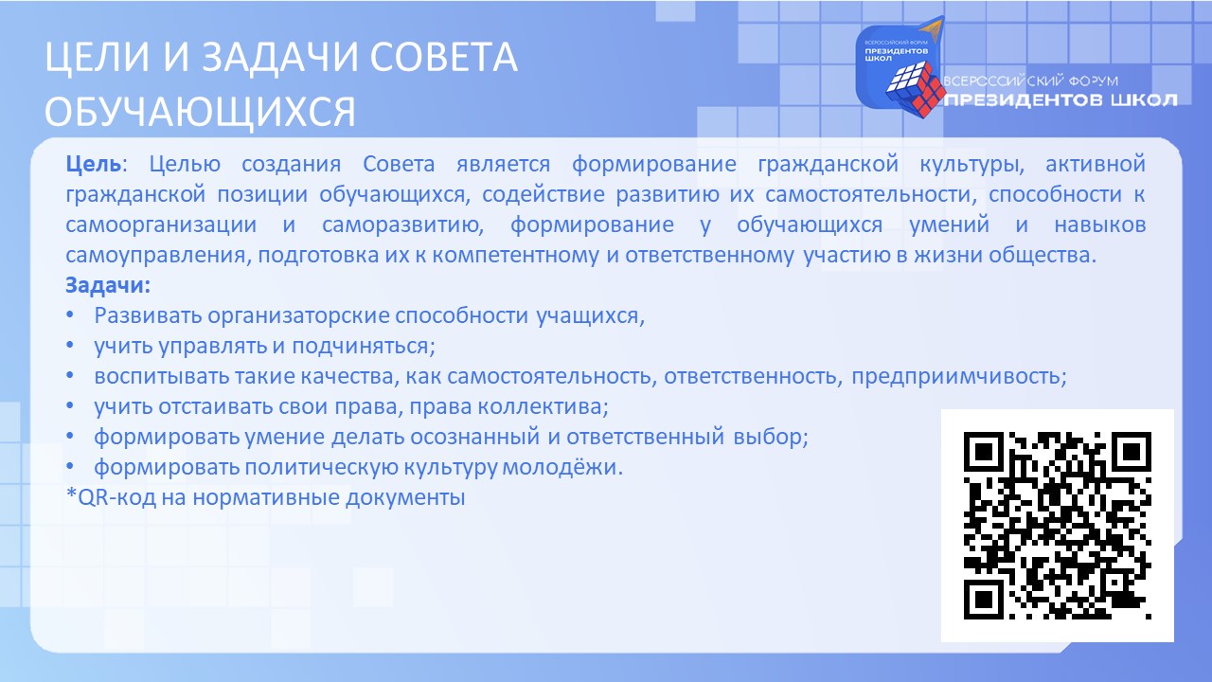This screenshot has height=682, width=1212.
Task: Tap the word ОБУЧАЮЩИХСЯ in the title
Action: pos(200,112)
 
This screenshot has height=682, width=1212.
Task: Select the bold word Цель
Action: pos(94,164)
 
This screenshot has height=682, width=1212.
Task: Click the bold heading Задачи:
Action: pos(108,285)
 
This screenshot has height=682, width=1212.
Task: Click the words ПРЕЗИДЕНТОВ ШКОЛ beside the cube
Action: pos(1061,100)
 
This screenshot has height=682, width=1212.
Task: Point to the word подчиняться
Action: pos(363,347)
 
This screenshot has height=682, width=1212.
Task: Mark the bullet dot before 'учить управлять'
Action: pos(70,346)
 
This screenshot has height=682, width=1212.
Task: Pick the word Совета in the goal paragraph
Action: pos(399,164)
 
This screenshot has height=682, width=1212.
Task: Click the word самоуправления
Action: pos(156,256)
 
